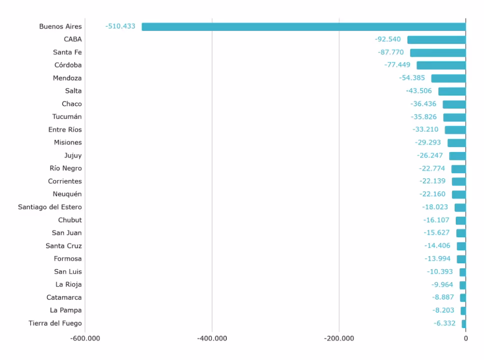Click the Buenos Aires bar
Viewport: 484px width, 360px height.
click(x=303, y=26)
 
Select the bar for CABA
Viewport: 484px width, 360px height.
click(x=436, y=39)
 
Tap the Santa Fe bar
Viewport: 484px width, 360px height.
click(x=438, y=52)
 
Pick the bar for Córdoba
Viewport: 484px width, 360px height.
click(x=441, y=65)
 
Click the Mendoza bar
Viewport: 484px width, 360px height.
click(x=448, y=78)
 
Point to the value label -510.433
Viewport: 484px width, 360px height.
click(x=120, y=26)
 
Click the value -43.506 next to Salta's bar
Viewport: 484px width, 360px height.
click(x=419, y=91)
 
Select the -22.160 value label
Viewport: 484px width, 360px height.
click(x=432, y=194)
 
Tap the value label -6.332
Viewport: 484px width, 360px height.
click(x=444, y=323)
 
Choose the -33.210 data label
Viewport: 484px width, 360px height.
click(x=425, y=129)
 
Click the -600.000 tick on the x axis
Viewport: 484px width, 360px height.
click(x=85, y=338)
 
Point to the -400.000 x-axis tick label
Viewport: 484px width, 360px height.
click(x=212, y=338)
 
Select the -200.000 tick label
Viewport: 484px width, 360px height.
click(x=339, y=338)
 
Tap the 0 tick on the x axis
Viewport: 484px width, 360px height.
click(x=465, y=338)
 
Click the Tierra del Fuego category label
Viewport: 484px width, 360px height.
click(x=55, y=323)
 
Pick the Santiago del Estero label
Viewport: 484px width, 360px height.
click(x=50, y=207)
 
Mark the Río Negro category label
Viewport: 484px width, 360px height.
click(x=65, y=168)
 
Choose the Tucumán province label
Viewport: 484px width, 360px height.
click(x=67, y=117)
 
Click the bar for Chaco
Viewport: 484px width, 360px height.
click(x=454, y=104)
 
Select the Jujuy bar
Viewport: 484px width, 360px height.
click(x=457, y=156)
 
